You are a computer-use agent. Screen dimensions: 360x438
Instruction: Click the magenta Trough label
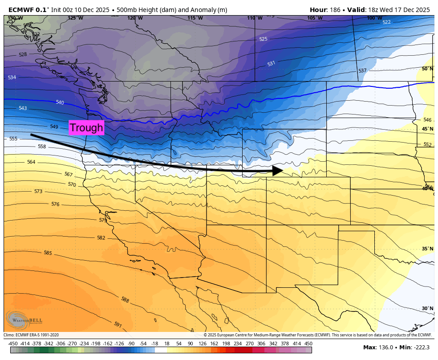tap(86, 128)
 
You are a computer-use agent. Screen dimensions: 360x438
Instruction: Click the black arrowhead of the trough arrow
tap(278, 170)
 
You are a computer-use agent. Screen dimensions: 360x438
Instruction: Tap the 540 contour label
tap(60, 102)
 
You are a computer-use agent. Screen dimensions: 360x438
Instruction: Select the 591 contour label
tap(118, 325)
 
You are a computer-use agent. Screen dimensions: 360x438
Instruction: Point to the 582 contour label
tap(101, 237)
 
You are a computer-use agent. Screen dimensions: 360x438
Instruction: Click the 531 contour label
tap(271, 64)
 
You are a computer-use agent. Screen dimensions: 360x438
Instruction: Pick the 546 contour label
tap(427, 120)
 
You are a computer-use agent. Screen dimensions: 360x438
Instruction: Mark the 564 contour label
tap(31, 162)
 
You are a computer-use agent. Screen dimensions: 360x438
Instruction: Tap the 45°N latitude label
tap(427, 129)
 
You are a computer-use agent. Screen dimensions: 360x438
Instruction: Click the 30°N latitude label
tap(427, 308)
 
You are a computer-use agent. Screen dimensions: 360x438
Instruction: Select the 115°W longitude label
tap(195, 18)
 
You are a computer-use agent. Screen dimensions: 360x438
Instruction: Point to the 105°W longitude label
tap(315, 18)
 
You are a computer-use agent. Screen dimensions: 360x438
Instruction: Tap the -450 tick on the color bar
tap(13, 344)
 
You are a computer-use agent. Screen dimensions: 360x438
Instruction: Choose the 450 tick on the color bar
tap(308, 344)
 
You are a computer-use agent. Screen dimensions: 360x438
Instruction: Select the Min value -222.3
tap(420, 348)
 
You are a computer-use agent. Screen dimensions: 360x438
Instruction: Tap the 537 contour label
tap(362, 71)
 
